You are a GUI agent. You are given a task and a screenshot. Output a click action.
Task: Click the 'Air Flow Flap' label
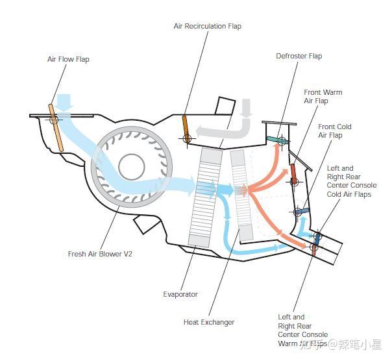pyautogui.click(x=68, y=59)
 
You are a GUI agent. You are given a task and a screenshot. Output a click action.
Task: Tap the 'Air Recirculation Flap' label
pyautogui.click(x=208, y=26)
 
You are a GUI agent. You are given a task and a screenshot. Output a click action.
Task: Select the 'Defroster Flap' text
pyautogui.click(x=299, y=56)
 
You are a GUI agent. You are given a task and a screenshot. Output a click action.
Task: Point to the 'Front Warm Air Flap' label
pyautogui.click(x=323, y=97)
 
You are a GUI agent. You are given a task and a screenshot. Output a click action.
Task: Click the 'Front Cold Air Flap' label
pyautogui.click(x=335, y=131)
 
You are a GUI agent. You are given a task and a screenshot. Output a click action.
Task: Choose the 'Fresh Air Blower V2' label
pyautogui.click(x=100, y=254)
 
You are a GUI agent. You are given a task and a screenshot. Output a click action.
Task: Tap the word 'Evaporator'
pyautogui.click(x=180, y=294)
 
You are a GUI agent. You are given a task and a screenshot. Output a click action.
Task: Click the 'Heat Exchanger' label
pyautogui.click(x=209, y=322)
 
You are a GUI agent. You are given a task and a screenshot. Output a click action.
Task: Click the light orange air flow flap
pyautogui.click(x=56, y=128)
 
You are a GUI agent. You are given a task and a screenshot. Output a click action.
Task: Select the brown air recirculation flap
pyautogui.click(x=186, y=129)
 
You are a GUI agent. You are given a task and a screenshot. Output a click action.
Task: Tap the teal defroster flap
pyautogui.click(x=276, y=140)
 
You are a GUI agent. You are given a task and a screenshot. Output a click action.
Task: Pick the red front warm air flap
pyautogui.click(x=294, y=173)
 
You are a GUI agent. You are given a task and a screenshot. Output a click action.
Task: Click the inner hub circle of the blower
pyautogui.click(x=132, y=167)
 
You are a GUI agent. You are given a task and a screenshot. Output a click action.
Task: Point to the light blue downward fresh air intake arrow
pyautogui.click(x=64, y=103)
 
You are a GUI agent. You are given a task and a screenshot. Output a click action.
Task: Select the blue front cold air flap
pyautogui.click(x=302, y=212)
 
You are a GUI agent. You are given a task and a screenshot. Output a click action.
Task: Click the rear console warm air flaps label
pyautogui.click(x=302, y=330)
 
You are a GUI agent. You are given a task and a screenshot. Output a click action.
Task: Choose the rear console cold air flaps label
pyautogui.click(x=352, y=181)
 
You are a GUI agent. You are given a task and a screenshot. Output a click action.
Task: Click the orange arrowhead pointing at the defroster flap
pyautogui.click(x=277, y=147)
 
